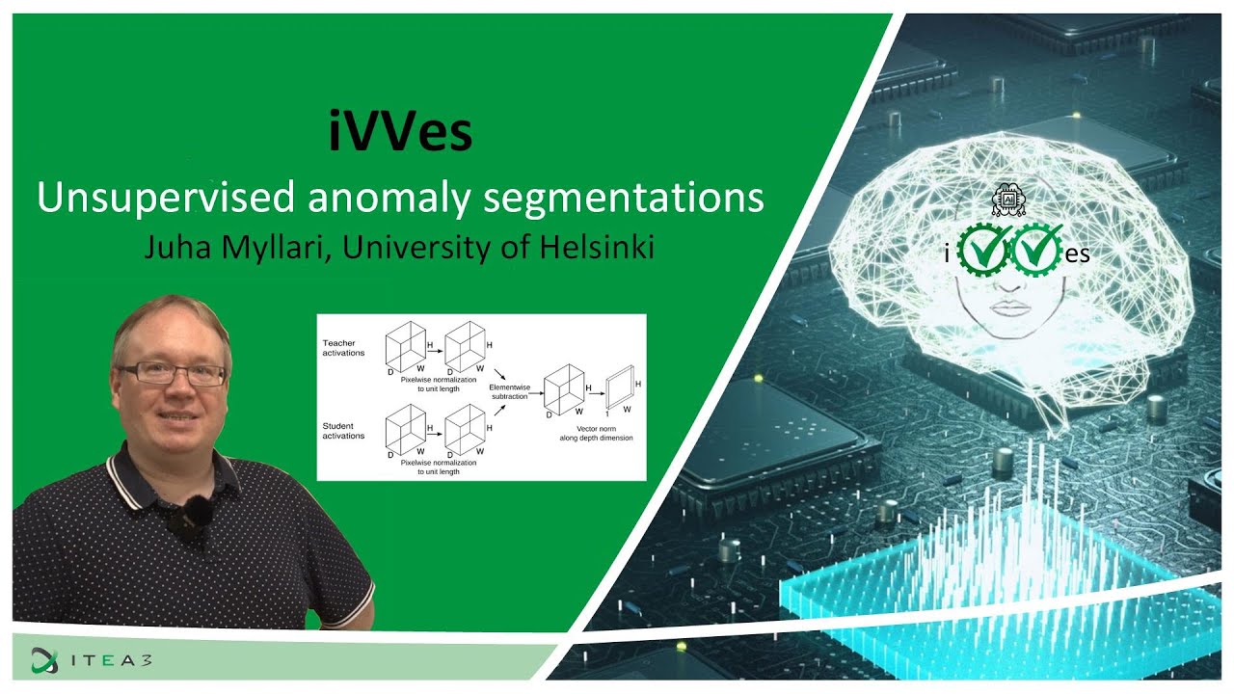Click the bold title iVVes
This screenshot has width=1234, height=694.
(x=400, y=134)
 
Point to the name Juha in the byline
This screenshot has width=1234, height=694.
(x=174, y=248)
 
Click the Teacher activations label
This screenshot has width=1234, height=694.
(x=344, y=347)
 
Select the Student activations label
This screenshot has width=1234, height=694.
(x=344, y=431)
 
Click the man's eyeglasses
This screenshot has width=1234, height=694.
(x=172, y=373)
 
